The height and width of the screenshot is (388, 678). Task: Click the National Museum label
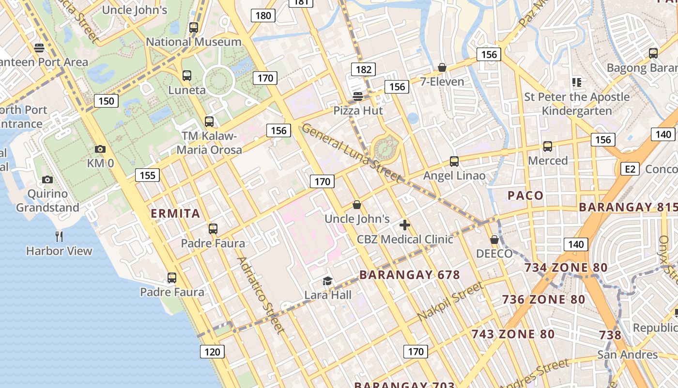[x=194, y=42]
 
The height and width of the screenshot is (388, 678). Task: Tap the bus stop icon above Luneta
[x=187, y=76]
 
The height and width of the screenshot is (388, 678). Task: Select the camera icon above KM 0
[x=100, y=149]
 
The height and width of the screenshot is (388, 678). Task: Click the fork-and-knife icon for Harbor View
[x=59, y=237]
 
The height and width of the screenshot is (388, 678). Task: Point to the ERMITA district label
[x=175, y=213]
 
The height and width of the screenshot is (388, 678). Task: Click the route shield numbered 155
[x=147, y=175]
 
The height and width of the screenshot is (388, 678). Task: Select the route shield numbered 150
[x=106, y=101]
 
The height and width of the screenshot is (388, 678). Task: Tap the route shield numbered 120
[x=212, y=352]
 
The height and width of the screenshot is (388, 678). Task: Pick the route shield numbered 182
[x=363, y=69]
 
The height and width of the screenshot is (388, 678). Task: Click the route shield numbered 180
[x=263, y=16]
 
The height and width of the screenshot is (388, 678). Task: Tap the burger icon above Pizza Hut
[x=358, y=97]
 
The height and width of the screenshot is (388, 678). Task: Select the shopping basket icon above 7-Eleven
[x=442, y=67]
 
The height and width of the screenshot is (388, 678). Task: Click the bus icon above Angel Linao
[x=454, y=162]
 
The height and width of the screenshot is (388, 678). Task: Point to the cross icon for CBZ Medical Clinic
[x=405, y=225]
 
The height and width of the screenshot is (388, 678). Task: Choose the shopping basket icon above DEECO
[x=494, y=240]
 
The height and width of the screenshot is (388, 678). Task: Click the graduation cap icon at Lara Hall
[x=328, y=281]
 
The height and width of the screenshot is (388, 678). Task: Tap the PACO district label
[x=525, y=195]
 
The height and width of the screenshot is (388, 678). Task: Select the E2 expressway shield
[x=630, y=169]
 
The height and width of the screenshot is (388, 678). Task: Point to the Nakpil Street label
[x=450, y=301]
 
